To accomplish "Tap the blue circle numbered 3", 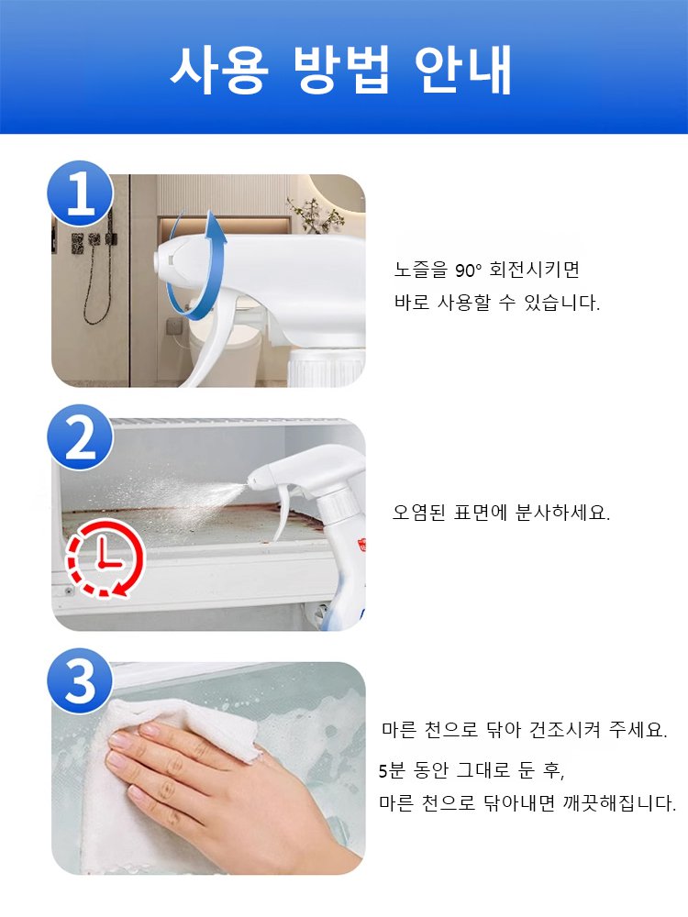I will point(81,684).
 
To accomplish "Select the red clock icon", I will point(103,558).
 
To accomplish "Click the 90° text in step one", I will point(468,271).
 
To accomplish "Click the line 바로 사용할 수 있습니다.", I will point(496,304).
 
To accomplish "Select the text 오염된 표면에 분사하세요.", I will point(501,513).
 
